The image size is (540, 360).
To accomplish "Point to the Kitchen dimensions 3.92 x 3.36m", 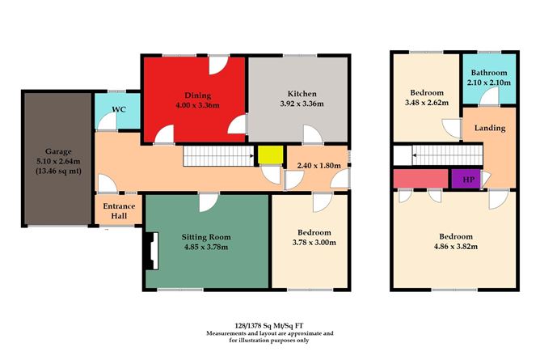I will pos(301,104).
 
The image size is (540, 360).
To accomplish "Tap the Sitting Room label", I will pos(206,237).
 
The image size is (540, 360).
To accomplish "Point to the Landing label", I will pos(490,128).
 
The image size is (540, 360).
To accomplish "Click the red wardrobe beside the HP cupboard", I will pos(418,178).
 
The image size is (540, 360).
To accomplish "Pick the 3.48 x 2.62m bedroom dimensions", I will pos(424,104).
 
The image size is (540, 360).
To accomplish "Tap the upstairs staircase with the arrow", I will pos(436,154).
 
